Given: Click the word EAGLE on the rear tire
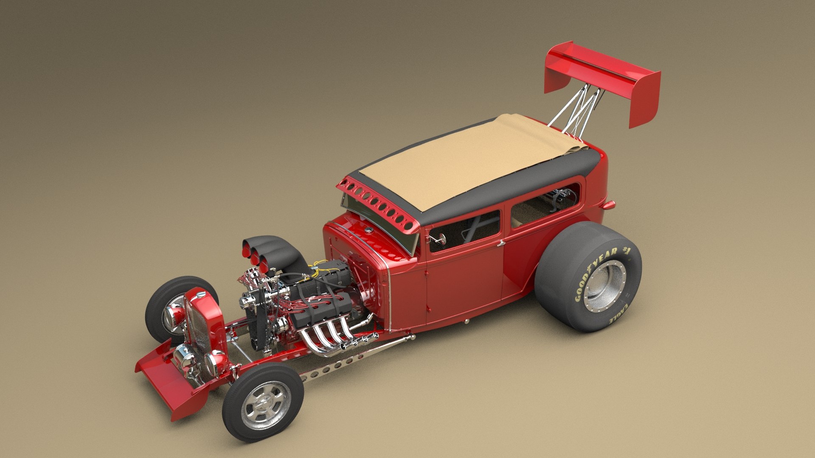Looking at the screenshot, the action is [620, 312].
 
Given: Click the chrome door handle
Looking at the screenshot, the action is [501, 243].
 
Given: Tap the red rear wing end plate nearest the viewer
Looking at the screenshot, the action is [644, 100].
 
